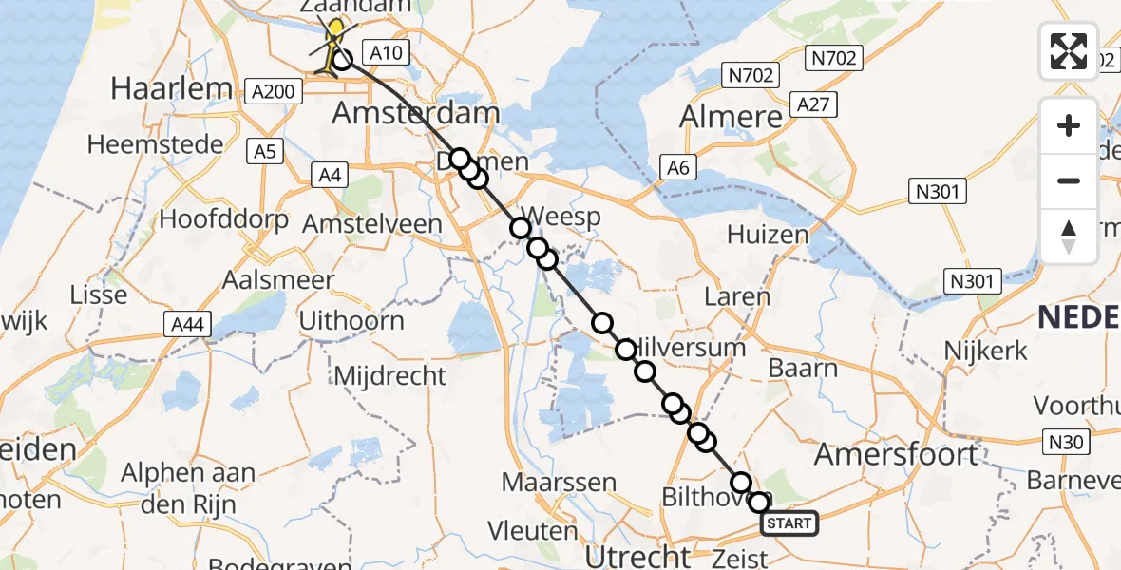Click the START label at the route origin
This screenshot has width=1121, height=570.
(x=788, y=523)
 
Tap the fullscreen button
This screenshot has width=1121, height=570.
(x=1069, y=50)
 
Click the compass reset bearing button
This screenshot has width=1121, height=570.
(x=1069, y=237)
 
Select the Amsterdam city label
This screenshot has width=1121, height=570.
(x=415, y=114)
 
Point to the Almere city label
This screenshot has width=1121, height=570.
(x=731, y=117)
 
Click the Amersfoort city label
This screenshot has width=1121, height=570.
(x=896, y=454)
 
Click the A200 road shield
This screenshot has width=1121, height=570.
(x=274, y=91)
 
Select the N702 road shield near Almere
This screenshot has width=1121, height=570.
(x=750, y=75)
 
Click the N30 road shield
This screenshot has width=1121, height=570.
(x=1068, y=441)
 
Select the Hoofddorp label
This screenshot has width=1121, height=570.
(x=223, y=219)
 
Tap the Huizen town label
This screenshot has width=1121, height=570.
(x=767, y=234)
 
